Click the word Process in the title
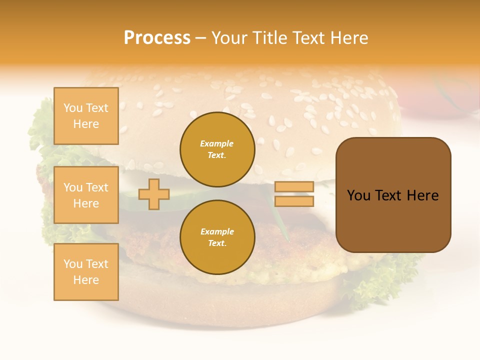click(x=157, y=38)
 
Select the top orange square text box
click(x=86, y=116)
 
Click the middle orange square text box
click(x=86, y=195)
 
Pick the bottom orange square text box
click(x=86, y=272)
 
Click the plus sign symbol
click(x=154, y=194)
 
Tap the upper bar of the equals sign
click(x=294, y=186)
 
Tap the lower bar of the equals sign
click(x=294, y=201)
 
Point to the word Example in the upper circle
click(x=217, y=143)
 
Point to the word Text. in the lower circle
click(x=217, y=243)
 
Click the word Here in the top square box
click(x=86, y=124)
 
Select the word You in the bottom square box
click(x=73, y=264)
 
